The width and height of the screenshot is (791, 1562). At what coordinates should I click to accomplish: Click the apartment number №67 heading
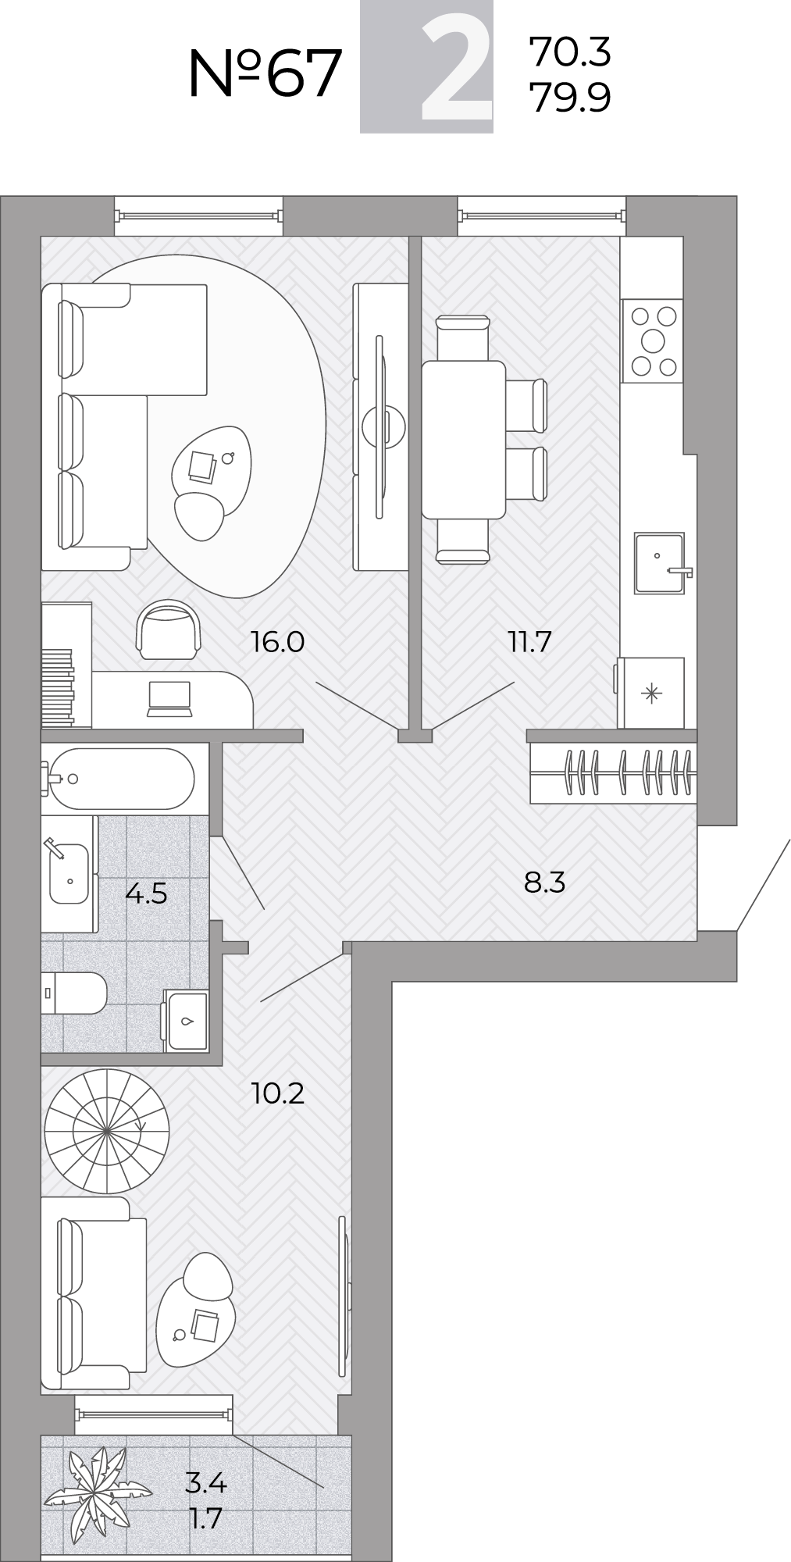pos(265,73)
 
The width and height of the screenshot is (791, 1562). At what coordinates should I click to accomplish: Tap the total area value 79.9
pos(570,98)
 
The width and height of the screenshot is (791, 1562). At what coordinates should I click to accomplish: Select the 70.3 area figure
pos(570,52)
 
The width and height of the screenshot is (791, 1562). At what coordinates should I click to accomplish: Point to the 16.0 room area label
pos(277,642)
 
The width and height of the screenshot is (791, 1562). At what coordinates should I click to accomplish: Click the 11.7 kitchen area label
pos(530,642)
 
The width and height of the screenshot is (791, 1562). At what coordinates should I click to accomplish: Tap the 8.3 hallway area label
pos(544,883)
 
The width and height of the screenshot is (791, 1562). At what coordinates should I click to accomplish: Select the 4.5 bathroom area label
pos(146,892)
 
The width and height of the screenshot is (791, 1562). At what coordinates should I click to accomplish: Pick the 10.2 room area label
pos(278,1093)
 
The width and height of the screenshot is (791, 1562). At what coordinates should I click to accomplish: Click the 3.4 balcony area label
pos(205,1482)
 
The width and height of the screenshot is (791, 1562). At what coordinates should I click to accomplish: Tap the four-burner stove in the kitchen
pos(652,341)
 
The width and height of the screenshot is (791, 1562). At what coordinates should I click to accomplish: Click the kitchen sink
pos(660,563)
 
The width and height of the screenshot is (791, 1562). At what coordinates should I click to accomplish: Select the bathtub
pos(119,779)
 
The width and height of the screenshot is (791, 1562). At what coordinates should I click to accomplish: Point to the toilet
pos(73,993)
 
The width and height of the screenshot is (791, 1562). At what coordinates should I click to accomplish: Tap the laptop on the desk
pos(169,698)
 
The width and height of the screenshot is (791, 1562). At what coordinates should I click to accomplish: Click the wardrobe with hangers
pos(613,772)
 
